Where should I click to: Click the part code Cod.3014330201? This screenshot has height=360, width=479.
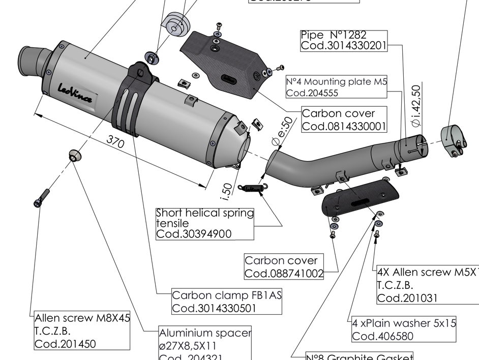pyautogui.click(x=343, y=46)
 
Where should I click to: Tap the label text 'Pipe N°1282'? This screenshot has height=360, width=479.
pyautogui.click(x=333, y=35)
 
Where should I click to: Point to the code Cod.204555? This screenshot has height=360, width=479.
pyautogui.click(x=312, y=93)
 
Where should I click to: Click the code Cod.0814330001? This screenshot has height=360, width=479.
pyautogui.click(x=344, y=126)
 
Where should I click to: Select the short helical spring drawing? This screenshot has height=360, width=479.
pyautogui.click(x=253, y=188)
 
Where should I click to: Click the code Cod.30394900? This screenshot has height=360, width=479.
pyautogui.click(x=194, y=234)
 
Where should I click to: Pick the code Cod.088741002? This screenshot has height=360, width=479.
pyautogui.click(x=284, y=274)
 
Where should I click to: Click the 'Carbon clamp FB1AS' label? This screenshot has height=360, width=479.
pyautogui.click(x=227, y=295)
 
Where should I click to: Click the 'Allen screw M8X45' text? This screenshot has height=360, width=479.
pyautogui.click(x=82, y=319)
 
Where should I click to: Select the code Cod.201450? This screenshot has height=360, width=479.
pyautogui.click(x=65, y=344)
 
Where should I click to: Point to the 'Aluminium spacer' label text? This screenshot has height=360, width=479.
pyautogui.click(x=205, y=333)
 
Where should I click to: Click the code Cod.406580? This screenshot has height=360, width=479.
pyautogui.click(x=383, y=336)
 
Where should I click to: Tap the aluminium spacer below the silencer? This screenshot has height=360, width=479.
pyautogui.click(x=74, y=155)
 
